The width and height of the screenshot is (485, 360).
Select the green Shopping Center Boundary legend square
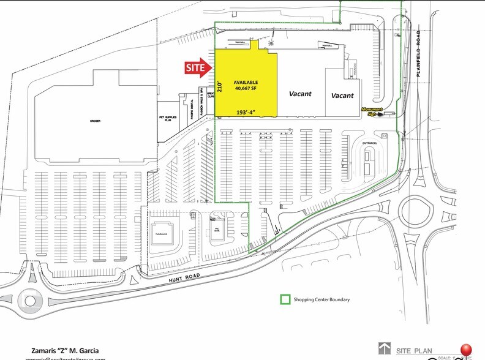point(285,299)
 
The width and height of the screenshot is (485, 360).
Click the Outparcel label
point(369,144)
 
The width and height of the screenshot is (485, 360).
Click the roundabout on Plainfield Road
point(416,211)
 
